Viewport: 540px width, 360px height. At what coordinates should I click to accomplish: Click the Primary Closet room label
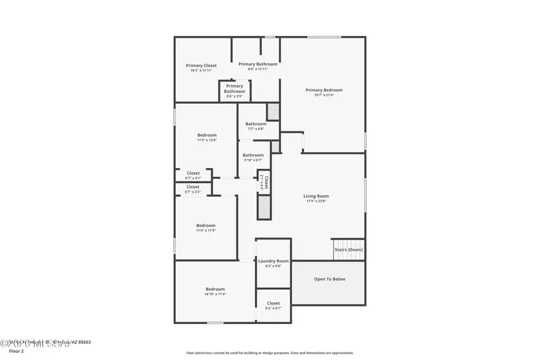(x=201, y=65)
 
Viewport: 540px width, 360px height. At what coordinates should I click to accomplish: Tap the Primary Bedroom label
(x=324, y=90)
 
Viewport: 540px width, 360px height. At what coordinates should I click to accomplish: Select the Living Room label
(x=316, y=196)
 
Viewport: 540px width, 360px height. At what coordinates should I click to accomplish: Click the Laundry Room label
(x=273, y=261)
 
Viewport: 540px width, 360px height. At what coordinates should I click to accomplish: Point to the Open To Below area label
(x=329, y=279)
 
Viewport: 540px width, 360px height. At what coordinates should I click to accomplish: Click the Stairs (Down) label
(x=348, y=250)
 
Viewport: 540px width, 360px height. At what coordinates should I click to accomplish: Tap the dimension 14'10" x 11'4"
(x=215, y=294)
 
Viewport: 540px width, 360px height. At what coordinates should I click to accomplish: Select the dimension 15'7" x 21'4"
(x=324, y=95)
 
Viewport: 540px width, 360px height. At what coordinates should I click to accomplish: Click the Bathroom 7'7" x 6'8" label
(x=256, y=124)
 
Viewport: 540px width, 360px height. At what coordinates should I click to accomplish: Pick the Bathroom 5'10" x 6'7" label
(x=253, y=155)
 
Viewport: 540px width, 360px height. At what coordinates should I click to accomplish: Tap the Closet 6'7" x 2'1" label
(x=193, y=173)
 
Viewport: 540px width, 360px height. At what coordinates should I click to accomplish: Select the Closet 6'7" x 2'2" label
(x=193, y=187)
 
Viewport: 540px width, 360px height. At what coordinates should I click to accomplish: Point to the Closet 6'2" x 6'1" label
(x=273, y=304)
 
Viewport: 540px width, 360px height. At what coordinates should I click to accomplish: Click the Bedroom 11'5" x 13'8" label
(x=207, y=135)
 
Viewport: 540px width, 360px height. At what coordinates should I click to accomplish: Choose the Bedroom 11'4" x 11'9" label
(x=205, y=226)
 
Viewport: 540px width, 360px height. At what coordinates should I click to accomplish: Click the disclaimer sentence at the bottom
(x=269, y=353)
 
